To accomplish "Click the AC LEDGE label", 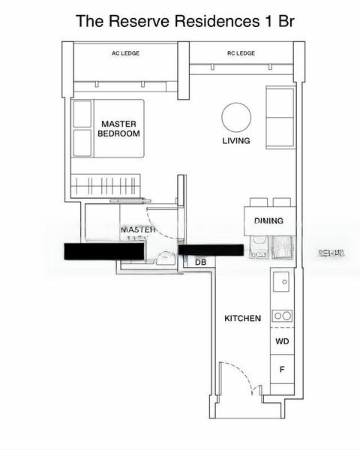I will pos(125,53).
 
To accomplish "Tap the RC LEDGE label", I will pos(241,53).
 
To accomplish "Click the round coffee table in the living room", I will pos(235,118).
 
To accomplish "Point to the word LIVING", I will pos(235,141).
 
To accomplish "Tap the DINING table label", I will pos(268,220).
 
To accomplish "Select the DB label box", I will pos(200,262).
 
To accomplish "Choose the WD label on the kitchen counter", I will pos(282,342).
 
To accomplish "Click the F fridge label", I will pos(282,370).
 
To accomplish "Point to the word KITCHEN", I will pos(243,319).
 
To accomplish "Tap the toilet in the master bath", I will pos(162,259).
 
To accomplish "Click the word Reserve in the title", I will pos(154,22).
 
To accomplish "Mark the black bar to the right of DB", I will pos(210,250).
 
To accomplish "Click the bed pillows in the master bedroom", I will pos(81,129).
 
